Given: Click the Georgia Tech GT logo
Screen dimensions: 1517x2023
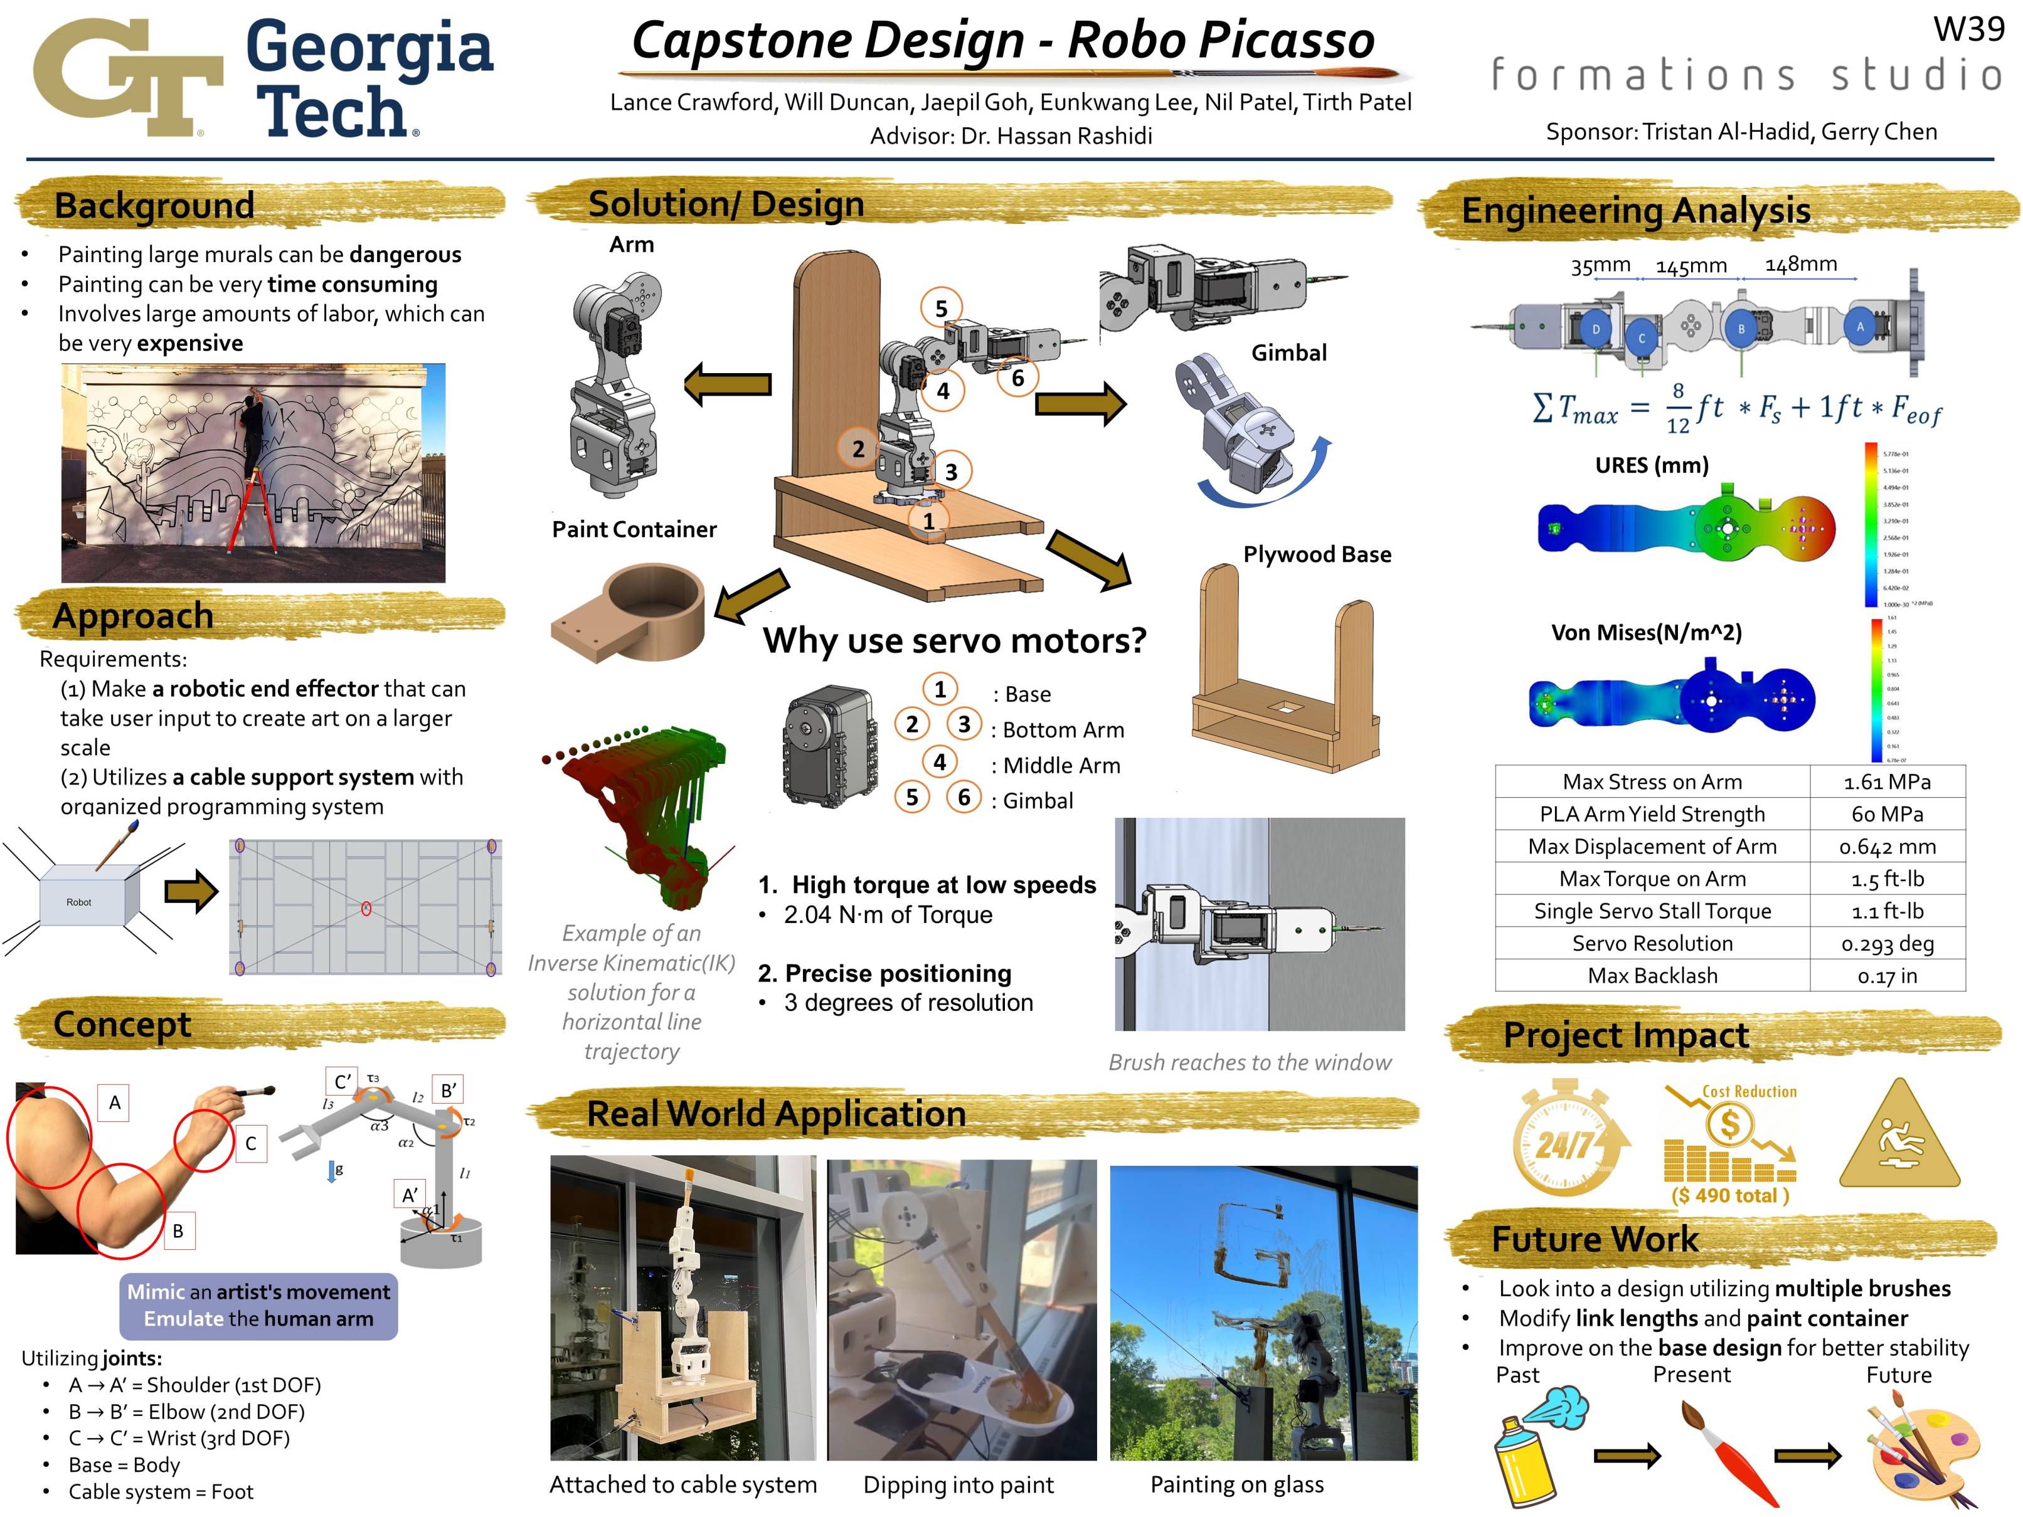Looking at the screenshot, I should [128, 78].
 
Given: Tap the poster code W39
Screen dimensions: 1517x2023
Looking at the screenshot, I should [1968, 29].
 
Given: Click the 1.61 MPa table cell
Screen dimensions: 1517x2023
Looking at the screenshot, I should [1887, 782].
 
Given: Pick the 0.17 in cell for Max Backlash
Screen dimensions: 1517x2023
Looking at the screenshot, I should [1887, 976].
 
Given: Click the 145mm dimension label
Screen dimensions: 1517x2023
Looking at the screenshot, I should [1691, 266].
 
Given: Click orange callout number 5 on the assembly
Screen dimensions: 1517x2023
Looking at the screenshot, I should [941, 309].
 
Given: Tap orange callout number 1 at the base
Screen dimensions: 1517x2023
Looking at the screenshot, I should [928, 521].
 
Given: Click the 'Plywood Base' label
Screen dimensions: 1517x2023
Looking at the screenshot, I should [1316, 554].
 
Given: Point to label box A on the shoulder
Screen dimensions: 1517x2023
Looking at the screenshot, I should [114, 1102].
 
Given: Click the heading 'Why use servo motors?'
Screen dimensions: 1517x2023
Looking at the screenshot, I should [954, 640].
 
